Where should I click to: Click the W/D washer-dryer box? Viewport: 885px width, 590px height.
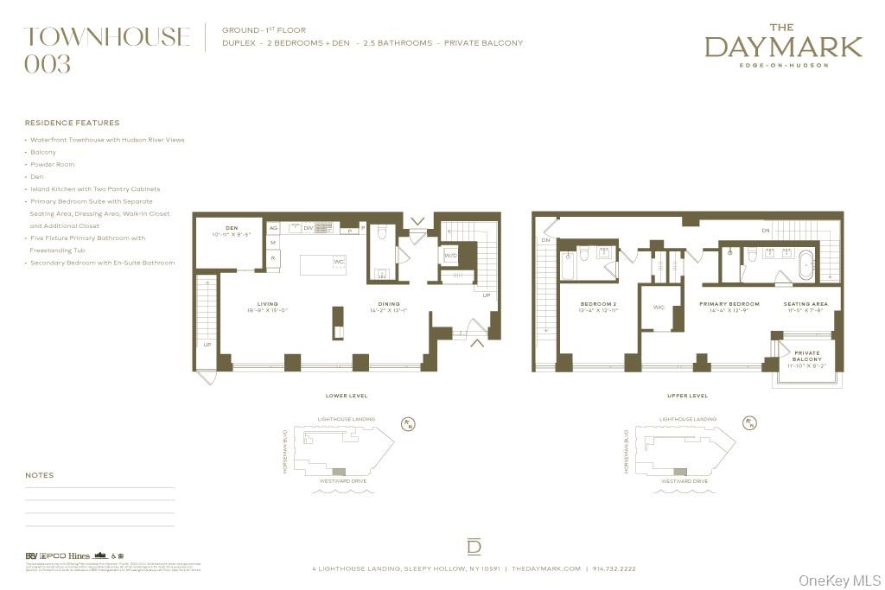[450, 256]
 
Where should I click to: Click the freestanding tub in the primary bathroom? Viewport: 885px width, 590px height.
[805, 264]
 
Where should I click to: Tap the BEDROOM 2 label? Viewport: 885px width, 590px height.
[598, 304]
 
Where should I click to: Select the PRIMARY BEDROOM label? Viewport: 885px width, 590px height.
[729, 304]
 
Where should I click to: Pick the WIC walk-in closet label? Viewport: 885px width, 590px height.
[659, 307]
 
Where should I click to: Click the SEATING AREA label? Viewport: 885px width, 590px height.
[805, 304]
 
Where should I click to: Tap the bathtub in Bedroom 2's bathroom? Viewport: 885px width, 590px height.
[567, 265]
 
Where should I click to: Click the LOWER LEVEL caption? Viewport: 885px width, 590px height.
[346, 396]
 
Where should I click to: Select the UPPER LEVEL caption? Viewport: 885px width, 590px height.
[687, 396]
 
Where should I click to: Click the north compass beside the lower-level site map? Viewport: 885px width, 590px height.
[410, 423]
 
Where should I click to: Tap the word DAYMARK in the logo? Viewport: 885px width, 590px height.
[783, 47]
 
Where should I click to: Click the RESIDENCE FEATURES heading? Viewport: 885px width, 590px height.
[72, 123]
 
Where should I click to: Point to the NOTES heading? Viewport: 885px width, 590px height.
[39, 475]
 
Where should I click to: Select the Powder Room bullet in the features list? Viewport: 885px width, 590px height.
[52, 164]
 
